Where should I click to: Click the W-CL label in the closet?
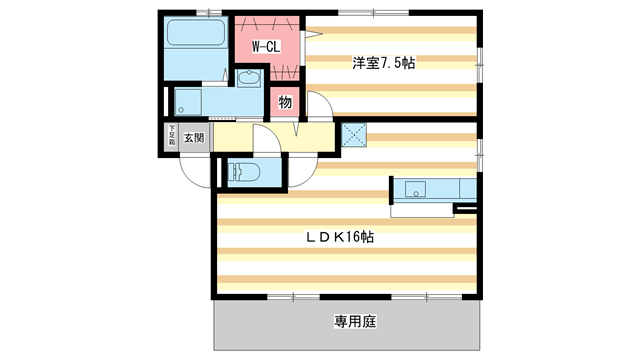[x=265, y=46]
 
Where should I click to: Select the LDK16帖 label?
[x=340, y=237]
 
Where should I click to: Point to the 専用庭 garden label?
[x=354, y=322]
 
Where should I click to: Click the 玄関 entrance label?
[x=194, y=138]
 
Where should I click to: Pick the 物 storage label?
[x=285, y=102]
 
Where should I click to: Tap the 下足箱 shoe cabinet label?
[x=171, y=136]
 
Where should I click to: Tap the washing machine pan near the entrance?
[x=189, y=102]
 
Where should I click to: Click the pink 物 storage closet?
[x=284, y=104]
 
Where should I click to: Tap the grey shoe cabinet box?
[x=171, y=137]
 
